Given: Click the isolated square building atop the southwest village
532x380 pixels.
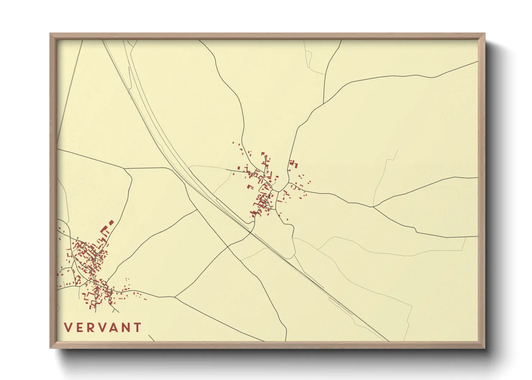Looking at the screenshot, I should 111,222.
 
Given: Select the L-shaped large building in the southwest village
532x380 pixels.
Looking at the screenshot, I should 105,230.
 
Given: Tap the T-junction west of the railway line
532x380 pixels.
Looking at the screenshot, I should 125,168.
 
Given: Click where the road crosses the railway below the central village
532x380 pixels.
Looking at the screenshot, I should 252,233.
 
